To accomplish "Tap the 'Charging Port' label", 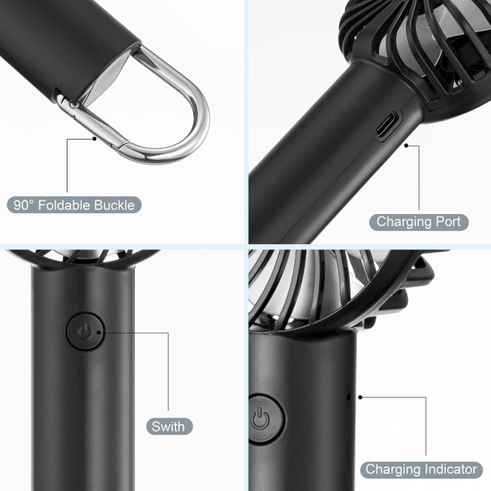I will tap(419, 221).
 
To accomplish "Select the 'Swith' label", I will tap(168, 426).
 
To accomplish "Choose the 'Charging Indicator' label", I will tap(421, 469).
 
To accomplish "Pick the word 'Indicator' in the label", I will tap(449, 469).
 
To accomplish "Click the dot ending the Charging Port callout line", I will tap(406, 146).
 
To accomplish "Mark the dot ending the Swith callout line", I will tap(106, 331).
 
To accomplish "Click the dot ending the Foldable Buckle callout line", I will tap(95, 138).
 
